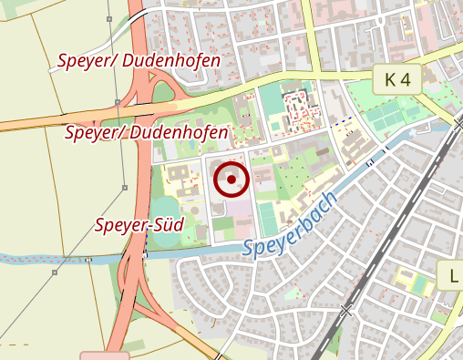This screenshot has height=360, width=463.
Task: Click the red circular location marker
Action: click(231, 180)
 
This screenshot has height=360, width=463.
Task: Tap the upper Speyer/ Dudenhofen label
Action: click(139, 61)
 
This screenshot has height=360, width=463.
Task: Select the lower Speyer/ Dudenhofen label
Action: click(147, 133)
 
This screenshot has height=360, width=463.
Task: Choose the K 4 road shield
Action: click(397, 79)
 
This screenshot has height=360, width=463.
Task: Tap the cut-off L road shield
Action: click(453, 275)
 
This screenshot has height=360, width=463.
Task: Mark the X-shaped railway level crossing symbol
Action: click(345, 313)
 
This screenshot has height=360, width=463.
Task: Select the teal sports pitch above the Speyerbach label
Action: click(266, 217)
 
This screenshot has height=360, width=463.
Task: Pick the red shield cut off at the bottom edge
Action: click(104, 355)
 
